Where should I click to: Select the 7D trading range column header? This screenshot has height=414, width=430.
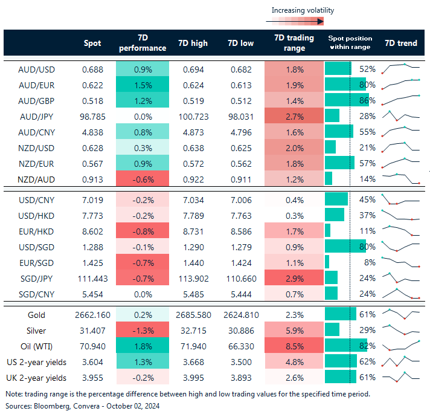[294, 43]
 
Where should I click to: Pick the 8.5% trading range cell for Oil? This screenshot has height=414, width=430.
[294, 346]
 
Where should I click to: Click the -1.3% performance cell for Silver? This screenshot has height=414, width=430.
[142, 331]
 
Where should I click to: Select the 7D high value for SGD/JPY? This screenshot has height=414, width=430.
[193, 279]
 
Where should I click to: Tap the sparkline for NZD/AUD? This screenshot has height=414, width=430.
[401, 178]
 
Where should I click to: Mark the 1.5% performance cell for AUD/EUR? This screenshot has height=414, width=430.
[142, 84]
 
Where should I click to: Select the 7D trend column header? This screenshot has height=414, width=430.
[401, 43]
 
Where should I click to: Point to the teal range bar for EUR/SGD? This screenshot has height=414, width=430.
[327, 263]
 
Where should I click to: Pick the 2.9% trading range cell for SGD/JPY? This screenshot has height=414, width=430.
[294, 279]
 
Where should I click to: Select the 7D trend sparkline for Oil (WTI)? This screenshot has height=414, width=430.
[401, 346]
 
